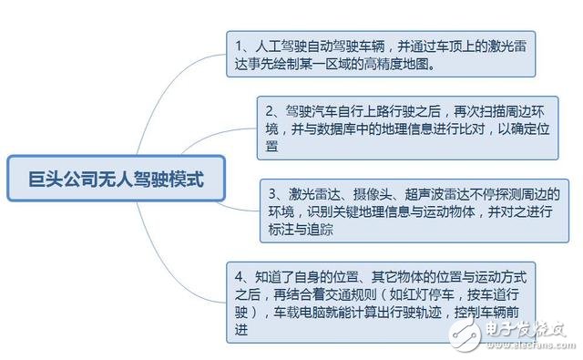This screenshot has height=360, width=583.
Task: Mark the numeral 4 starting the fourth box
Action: tap(238, 274)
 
